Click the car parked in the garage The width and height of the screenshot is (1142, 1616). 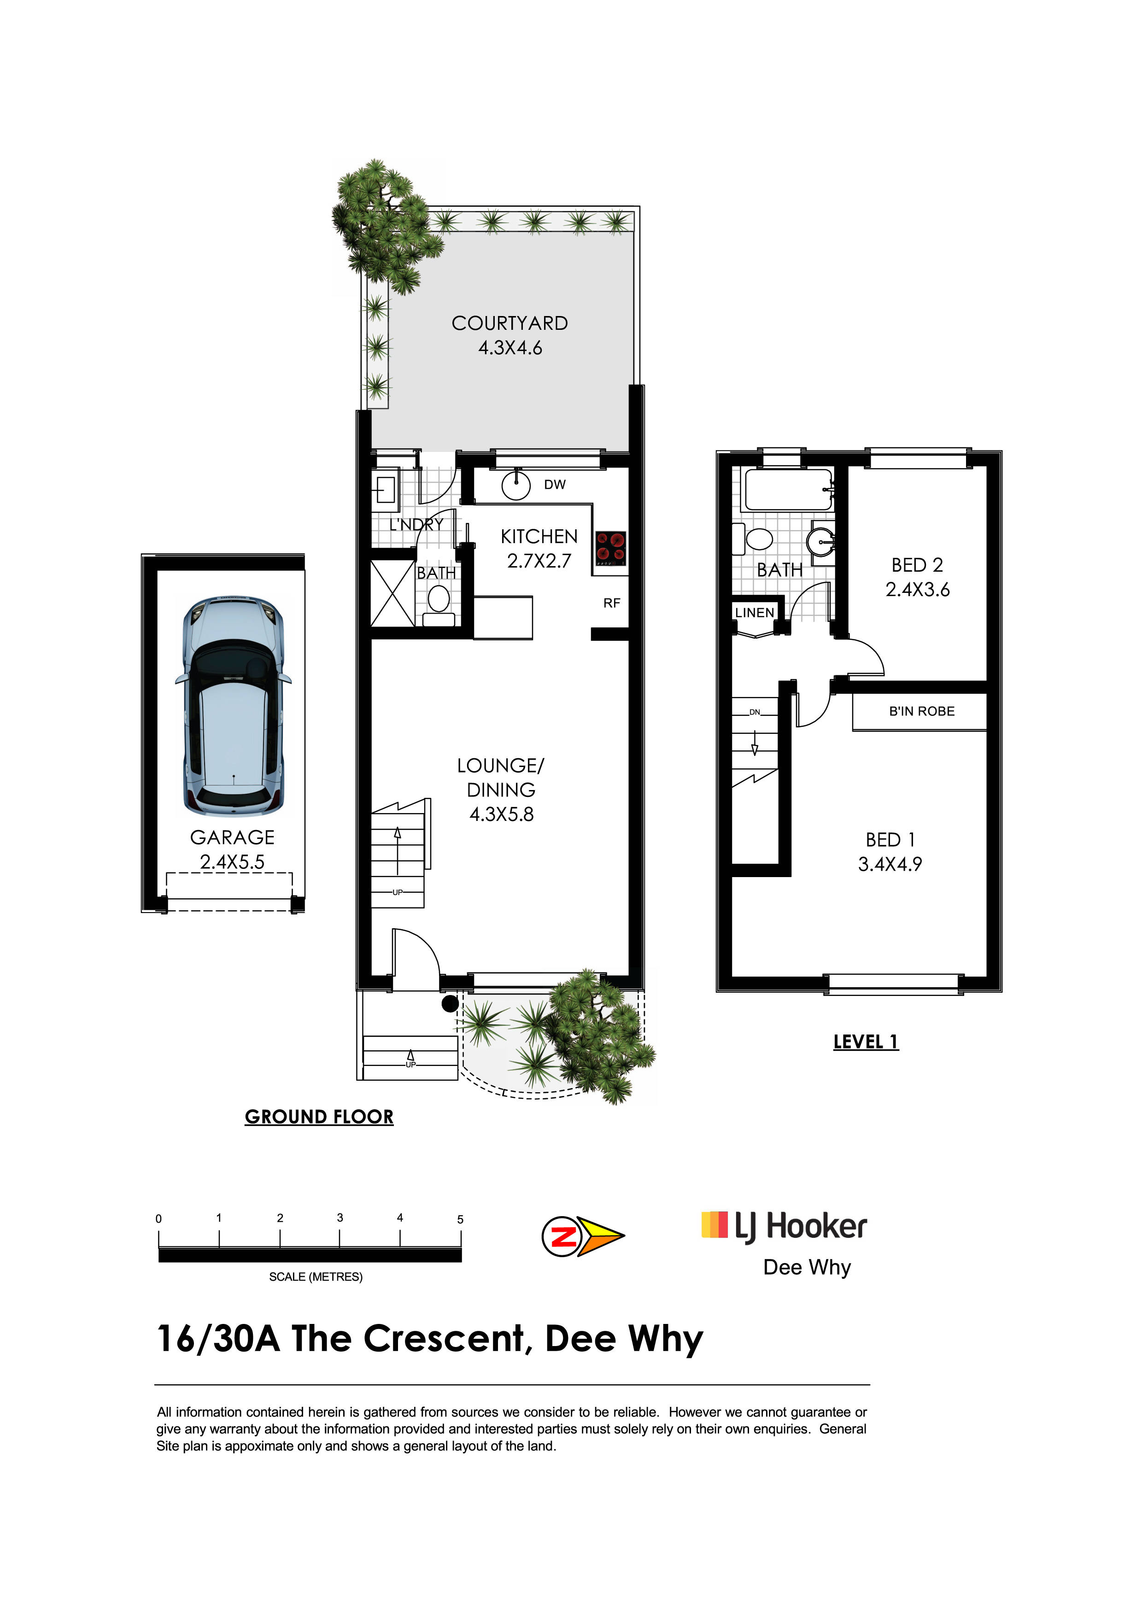(x=233, y=705)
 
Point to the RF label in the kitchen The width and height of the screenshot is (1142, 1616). (x=611, y=603)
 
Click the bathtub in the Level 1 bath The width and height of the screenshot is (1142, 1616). (x=789, y=490)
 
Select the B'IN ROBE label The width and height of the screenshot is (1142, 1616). (x=922, y=712)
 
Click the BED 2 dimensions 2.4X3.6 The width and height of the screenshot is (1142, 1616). (x=918, y=590)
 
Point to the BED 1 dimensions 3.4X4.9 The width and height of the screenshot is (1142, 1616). (x=890, y=864)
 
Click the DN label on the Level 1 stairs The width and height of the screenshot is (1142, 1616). (x=754, y=712)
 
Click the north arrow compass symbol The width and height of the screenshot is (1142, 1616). (x=583, y=1236)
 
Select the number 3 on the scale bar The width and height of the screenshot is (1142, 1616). (x=340, y=1218)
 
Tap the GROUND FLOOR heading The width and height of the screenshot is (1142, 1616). (x=319, y=1117)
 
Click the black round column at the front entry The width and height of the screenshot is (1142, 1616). (x=450, y=1004)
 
